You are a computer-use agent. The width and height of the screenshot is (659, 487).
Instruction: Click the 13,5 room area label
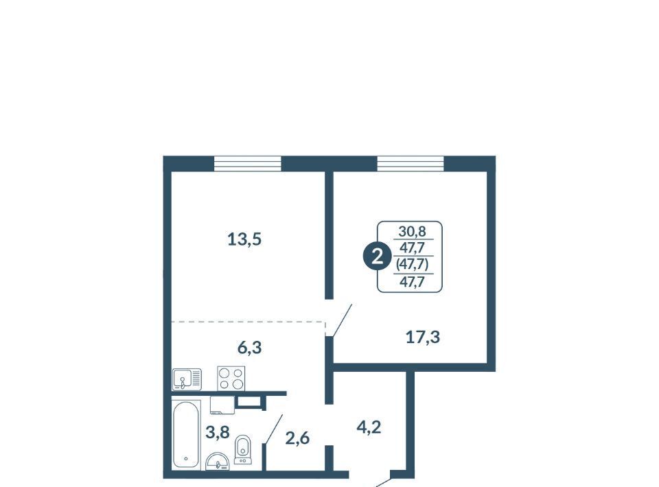coord(244,239)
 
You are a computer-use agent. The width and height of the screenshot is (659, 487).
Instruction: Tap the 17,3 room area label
coord(423,337)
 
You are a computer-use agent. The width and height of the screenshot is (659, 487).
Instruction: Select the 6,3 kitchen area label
coord(250,348)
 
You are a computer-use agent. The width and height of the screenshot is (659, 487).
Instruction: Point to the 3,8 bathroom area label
coord(218,431)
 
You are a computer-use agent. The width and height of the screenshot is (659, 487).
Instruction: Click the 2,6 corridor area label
coord(297,438)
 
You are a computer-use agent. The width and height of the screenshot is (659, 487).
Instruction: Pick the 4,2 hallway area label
coord(369,427)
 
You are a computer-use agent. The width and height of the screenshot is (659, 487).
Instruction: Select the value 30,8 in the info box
coord(413,231)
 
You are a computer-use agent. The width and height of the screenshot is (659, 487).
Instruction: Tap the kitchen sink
coord(187,379)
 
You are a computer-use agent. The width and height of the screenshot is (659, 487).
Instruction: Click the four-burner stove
coord(231,379)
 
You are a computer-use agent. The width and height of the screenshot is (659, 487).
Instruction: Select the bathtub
coord(186,435)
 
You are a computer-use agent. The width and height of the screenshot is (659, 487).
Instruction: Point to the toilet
coord(243,449)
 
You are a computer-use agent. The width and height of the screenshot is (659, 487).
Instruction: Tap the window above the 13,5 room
coord(248,163)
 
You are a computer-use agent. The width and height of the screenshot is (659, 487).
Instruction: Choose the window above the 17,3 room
coord(411,163)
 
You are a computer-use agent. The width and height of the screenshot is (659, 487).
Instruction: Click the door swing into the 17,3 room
coord(341,320)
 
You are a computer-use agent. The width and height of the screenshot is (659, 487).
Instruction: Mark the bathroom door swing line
coord(273,429)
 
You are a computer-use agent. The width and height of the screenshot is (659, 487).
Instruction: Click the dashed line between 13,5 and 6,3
coord(248,322)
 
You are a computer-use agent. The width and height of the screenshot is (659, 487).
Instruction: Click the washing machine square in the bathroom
coord(222,405)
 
